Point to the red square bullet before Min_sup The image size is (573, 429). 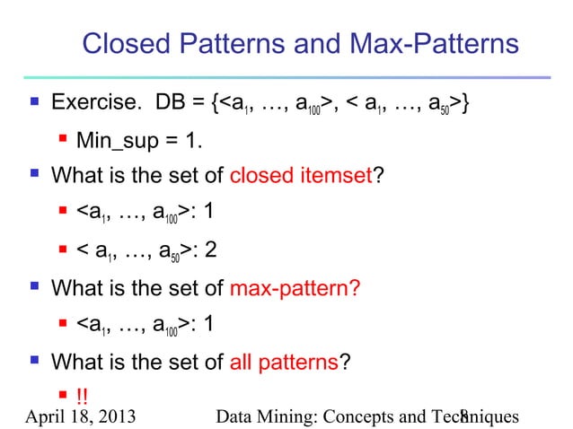coord(64,140)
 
